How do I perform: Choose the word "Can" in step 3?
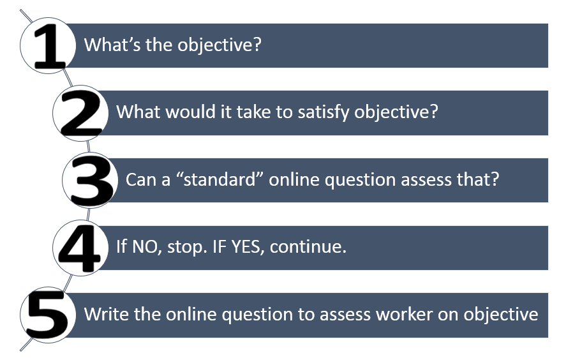(x=138, y=180)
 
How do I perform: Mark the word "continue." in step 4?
(x=308, y=247)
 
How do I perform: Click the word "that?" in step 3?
(x=479, y=180)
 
